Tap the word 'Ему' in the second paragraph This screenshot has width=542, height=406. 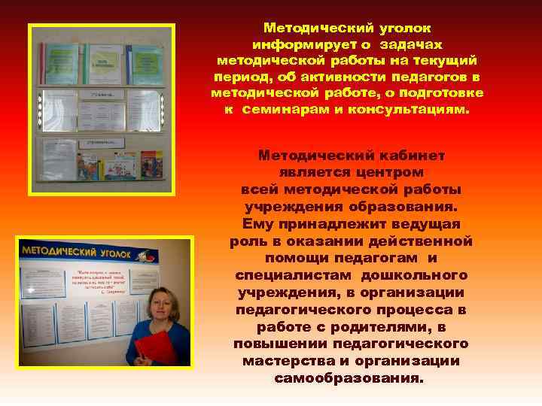[258, 224]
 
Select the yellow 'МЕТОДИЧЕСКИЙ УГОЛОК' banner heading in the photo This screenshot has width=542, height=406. [75, 251]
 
